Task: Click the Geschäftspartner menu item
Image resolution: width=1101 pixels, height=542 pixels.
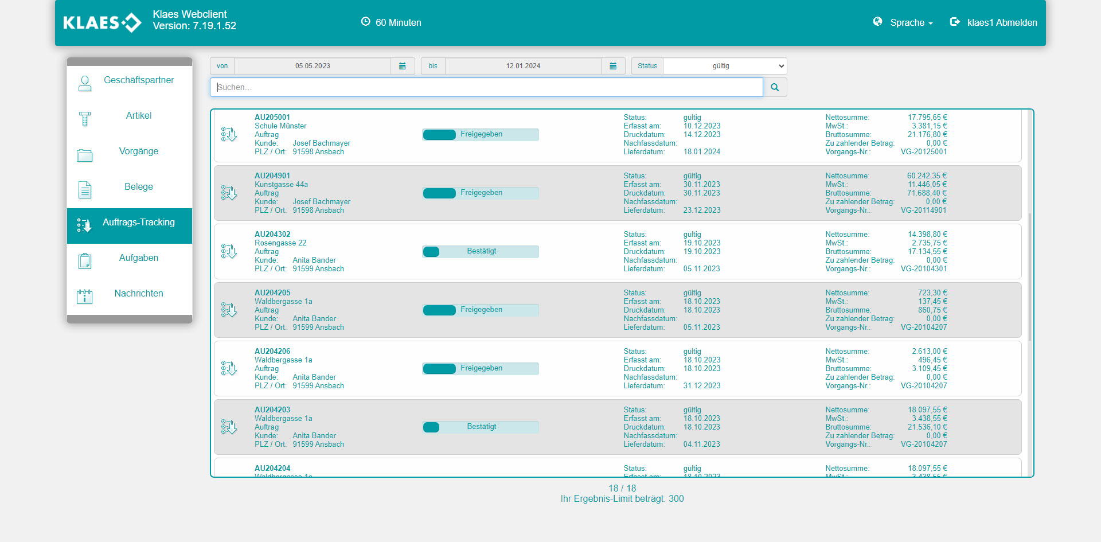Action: (138, 80)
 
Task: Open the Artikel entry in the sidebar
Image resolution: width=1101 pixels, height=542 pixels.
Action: (138, 116)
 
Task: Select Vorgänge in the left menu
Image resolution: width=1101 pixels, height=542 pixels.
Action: (138, 151)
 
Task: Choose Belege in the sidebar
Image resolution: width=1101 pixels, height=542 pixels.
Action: (138, 187)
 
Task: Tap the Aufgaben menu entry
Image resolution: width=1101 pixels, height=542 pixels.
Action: (138, 258)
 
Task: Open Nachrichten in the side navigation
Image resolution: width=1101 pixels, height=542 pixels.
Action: (138, 294)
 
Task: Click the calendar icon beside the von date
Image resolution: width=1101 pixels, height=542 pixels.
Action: (403, 66)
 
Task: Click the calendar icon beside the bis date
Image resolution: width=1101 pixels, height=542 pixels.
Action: (613, 66)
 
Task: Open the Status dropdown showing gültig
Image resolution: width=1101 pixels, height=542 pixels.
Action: (724, 66)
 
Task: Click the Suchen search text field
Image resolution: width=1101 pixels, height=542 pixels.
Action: (486, 87)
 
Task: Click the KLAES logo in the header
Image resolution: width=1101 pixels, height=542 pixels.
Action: (102, 23)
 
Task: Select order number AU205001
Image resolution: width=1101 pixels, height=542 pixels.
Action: (272, 117)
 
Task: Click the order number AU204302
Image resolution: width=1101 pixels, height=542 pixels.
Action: (272, 234)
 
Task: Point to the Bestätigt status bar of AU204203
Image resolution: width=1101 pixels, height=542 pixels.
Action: (481, 427)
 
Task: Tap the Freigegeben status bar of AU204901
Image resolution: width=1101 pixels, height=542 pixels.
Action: (481, 193)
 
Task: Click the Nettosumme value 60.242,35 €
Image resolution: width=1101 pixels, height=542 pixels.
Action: (927, 176)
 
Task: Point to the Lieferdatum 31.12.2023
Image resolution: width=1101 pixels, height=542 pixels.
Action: (702, 386)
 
